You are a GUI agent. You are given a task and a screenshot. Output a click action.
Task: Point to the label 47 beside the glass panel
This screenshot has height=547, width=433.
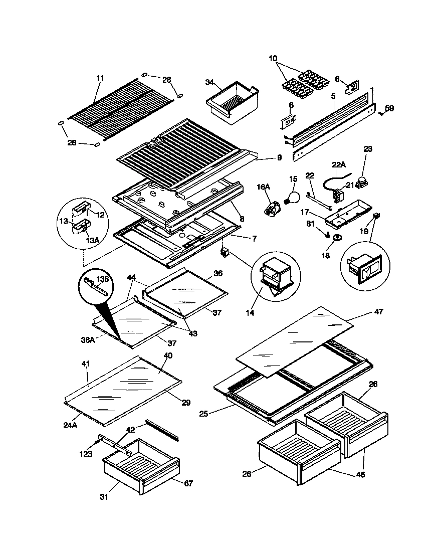[x=378, y=312]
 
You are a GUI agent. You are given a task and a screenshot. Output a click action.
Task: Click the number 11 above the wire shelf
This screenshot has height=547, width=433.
[x=100, y=78]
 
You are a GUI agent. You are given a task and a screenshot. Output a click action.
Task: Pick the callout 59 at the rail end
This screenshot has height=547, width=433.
[x=389, y=108]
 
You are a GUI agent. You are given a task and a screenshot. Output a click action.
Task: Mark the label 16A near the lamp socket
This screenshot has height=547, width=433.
[x=264, y=187]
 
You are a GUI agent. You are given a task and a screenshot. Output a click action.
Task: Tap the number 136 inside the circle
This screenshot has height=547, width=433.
[x=102, y=280]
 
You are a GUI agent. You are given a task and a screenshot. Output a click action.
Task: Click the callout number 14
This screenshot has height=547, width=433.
[x=250, y=313]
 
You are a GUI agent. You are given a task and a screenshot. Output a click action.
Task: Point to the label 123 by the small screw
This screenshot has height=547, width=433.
[x=86, y=454]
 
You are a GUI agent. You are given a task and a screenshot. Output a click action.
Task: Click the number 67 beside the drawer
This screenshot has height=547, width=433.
[x=188, y=483]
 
